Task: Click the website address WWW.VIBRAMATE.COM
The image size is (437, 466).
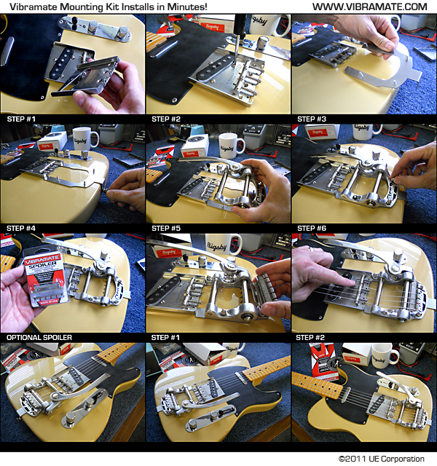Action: pyautogui.click(x=369, y=7)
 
